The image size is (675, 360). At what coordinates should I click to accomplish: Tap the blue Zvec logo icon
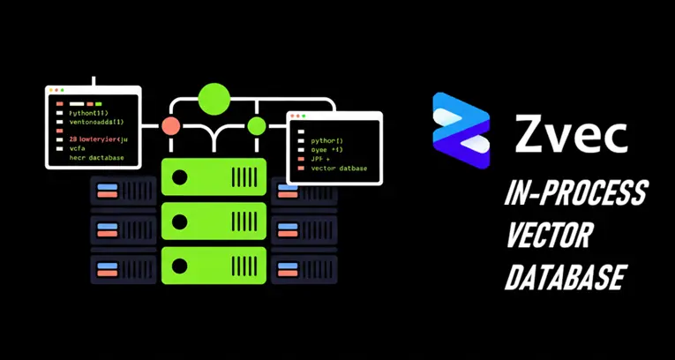461,131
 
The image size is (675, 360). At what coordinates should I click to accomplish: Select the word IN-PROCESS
575,193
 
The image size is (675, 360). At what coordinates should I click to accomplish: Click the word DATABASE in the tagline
565,277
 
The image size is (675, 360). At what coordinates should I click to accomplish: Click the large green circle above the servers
214,99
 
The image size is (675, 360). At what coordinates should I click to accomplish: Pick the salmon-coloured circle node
171,126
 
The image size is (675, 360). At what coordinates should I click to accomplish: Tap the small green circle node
256,126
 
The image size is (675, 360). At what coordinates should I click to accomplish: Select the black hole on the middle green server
180,221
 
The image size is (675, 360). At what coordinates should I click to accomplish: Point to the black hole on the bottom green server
180,264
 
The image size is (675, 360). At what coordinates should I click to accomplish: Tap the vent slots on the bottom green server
244,264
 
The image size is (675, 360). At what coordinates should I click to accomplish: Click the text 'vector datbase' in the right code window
340,168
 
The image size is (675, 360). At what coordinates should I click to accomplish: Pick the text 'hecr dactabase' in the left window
97,158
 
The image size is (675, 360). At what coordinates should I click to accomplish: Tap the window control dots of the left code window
56,90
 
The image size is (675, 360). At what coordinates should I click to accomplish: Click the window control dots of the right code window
298,116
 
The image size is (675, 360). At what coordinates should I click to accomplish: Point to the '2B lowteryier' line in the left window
97,139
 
